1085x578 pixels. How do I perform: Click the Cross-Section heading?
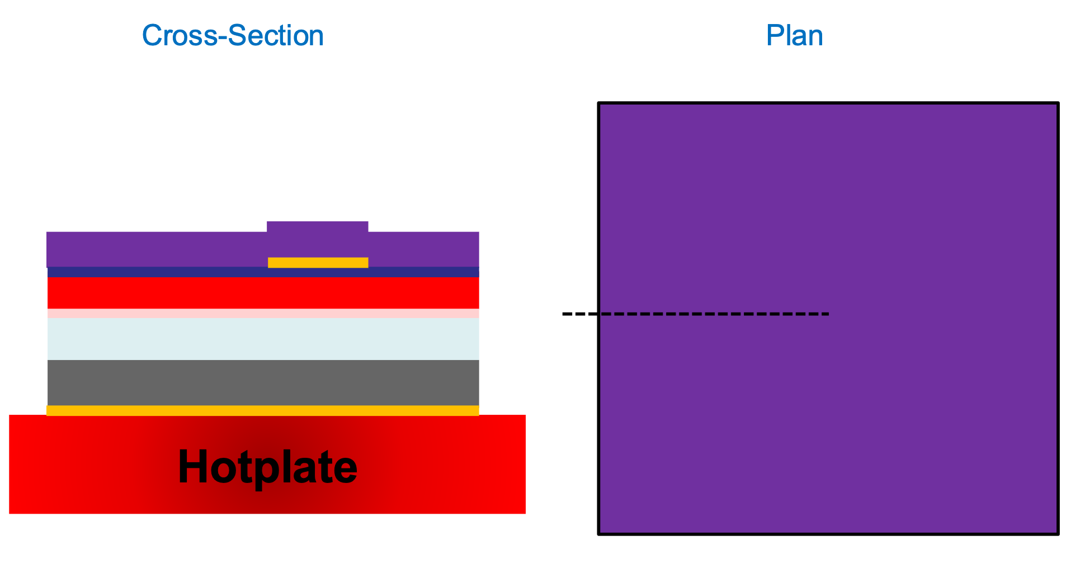point(233,36)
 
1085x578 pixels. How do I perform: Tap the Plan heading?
point(794,36)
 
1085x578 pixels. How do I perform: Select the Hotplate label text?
point(267,467)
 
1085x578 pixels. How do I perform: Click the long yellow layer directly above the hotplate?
point(263,411)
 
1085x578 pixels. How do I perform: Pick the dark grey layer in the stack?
point(263,383)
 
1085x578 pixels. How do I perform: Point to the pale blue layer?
point(263,339)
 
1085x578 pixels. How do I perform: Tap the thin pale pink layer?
point(263,314)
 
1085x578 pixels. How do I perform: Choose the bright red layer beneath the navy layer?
point(263,293)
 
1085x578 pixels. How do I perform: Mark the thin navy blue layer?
point(168,272)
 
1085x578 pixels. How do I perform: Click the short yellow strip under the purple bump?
point(318,263)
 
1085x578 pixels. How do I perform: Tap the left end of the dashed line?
point(564,314)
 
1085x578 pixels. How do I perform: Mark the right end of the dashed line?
point(828,314)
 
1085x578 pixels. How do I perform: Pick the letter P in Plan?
point(773,36)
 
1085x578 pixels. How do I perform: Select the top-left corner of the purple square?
point(600,104)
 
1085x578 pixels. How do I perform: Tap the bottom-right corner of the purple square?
point(1058,533)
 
